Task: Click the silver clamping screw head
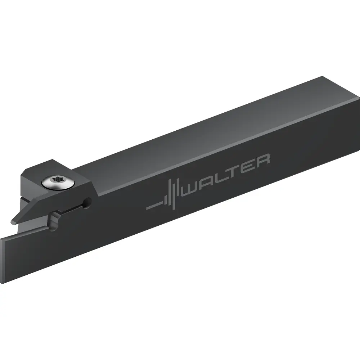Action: point(58,183)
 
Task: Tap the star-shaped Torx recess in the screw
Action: point(57,179)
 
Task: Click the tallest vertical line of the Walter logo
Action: point(174,195)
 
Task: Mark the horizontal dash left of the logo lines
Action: point(154,206)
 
